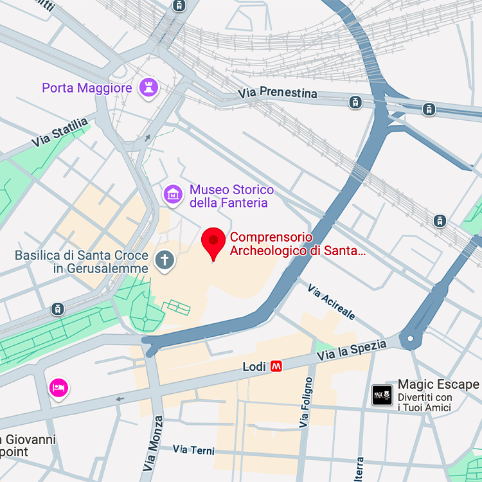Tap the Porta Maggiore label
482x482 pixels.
tap(87, 88)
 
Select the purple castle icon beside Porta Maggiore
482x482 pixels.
tap(149, 87)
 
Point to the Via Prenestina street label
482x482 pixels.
tap(278, 93)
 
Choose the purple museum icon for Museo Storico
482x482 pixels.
tap(172, 193)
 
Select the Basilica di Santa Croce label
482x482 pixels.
tap(82, 262)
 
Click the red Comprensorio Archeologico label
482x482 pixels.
tap(298, 244)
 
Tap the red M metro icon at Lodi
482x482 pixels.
tap(276, 366)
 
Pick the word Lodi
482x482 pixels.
tap(254, 366)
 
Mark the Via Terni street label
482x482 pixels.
tap(193, 449)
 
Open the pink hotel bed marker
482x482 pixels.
tap(59, 387)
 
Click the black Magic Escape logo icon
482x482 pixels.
tap(382, 395)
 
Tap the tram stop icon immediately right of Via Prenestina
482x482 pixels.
tap(355, 102)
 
